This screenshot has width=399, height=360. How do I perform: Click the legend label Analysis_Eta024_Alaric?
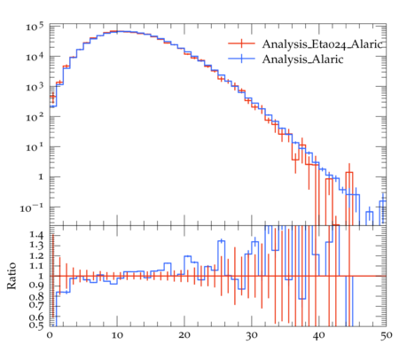(x=323, y=44)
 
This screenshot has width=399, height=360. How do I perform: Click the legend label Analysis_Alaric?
(x=302, y=59)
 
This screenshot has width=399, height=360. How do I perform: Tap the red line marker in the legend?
(x=241, y=43)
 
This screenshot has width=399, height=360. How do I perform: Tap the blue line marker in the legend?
(x=241, y=59)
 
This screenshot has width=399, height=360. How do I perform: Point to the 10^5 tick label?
(x=35, y=27)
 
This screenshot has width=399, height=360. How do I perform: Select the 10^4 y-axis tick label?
(x=35, y=57)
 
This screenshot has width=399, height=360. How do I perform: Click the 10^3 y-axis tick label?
(x=35, y=87)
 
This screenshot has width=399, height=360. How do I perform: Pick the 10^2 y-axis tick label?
(x=35, y=117)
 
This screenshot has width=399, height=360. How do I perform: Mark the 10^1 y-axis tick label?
(x=35, y=147)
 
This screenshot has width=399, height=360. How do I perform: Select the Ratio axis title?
(x=12, y=276)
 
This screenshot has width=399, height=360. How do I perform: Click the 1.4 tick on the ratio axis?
(x=36, y=235)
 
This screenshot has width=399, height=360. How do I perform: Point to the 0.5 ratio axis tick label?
(x=36, y=325)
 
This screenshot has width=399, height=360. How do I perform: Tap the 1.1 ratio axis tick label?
(x=36, y=266)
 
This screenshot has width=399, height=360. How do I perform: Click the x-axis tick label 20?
(x=184, y=335)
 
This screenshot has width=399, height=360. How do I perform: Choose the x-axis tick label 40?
(x=318, y=335)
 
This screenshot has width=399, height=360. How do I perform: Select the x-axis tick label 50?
(x=386, y=335)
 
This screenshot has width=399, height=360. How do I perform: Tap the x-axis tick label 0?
(x=50, y=335)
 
